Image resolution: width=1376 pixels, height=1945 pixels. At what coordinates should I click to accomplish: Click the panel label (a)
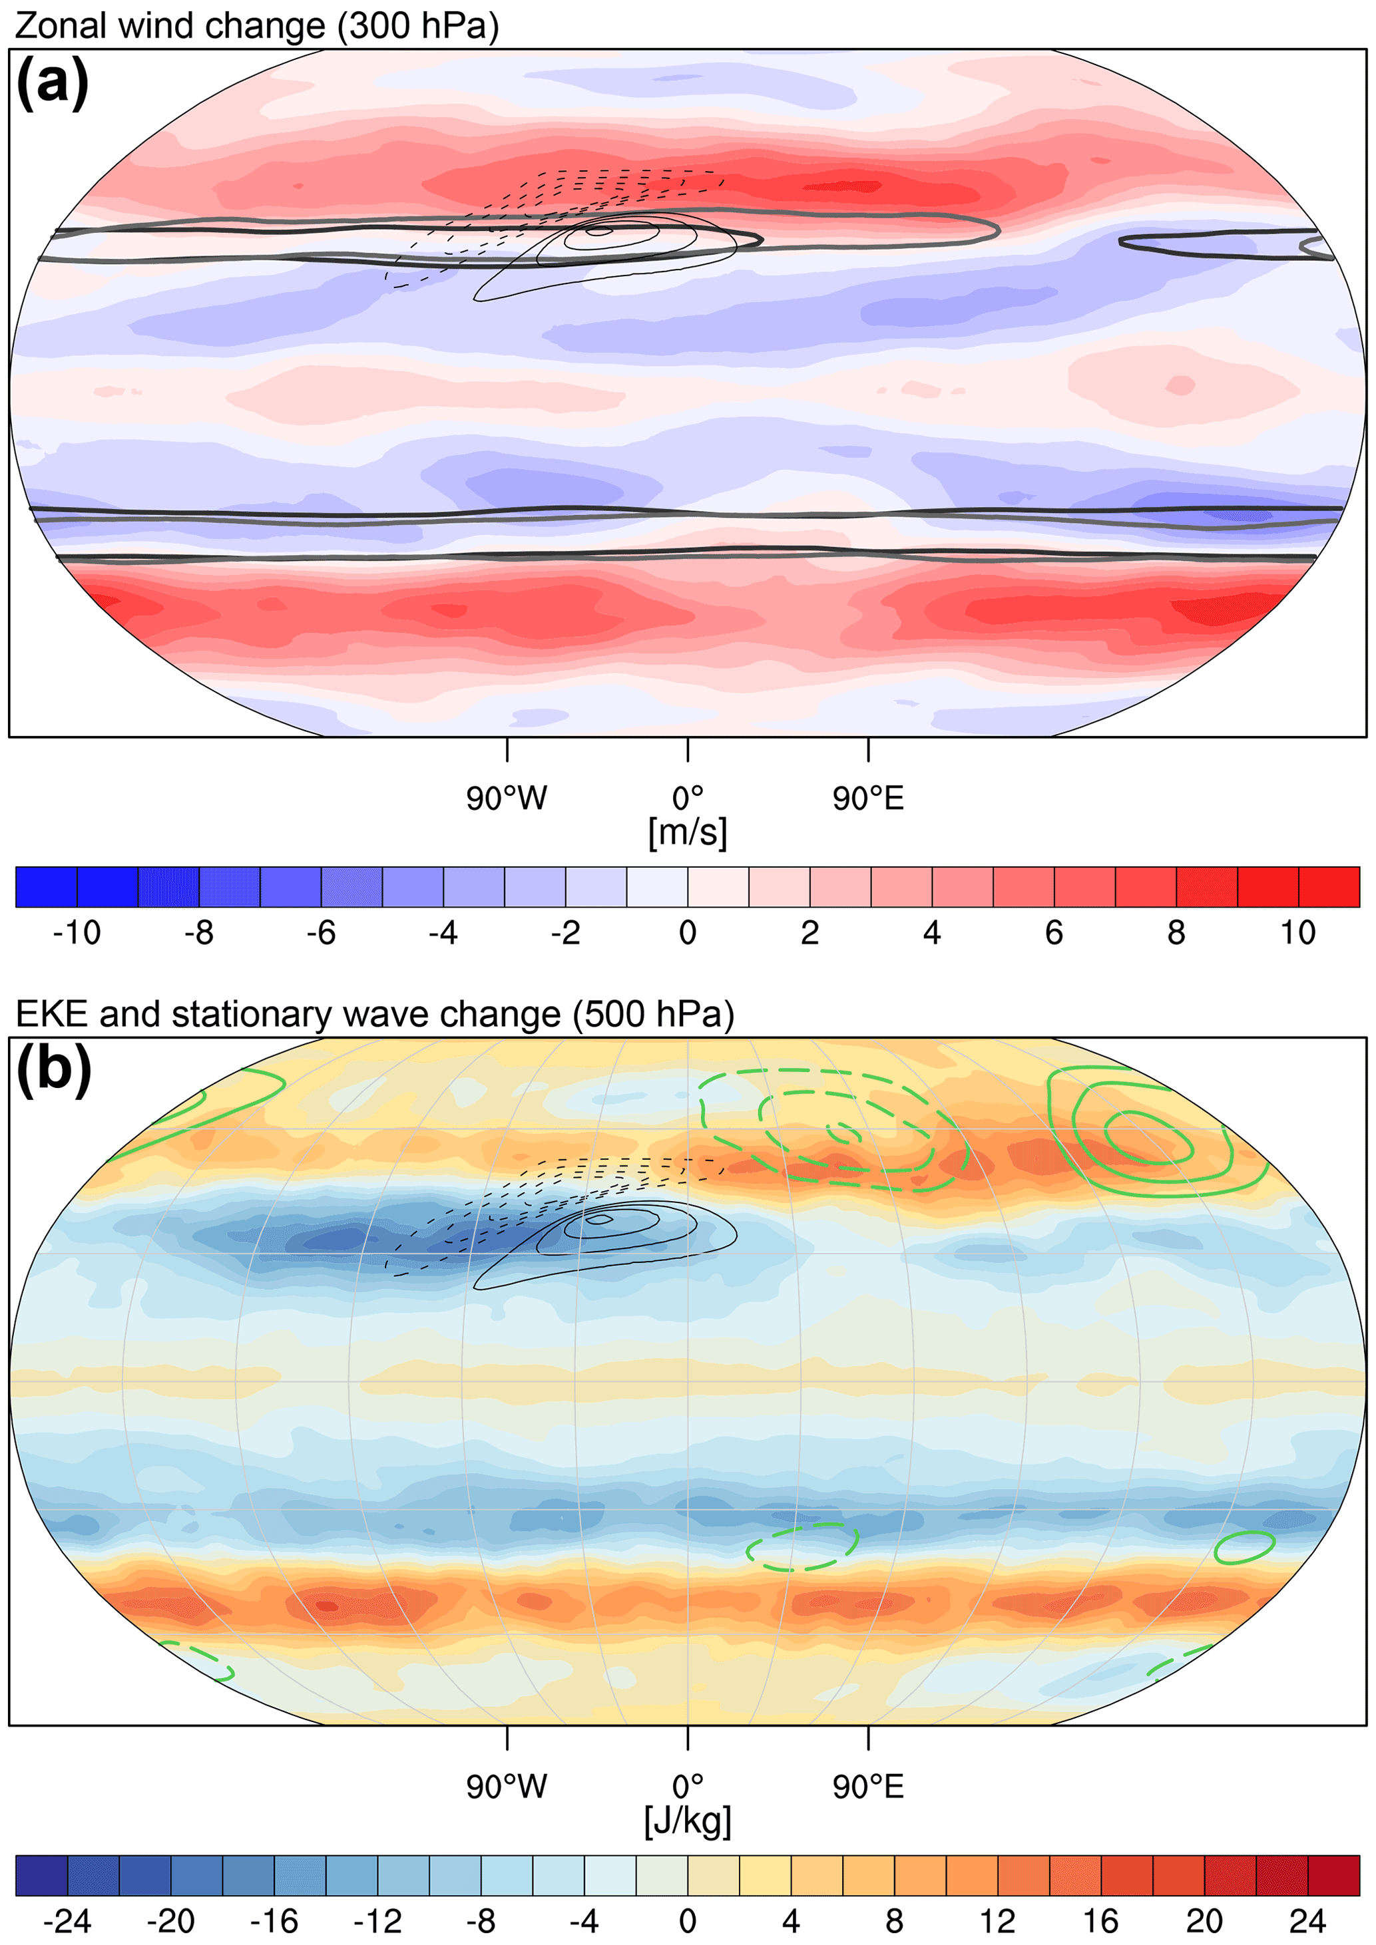coord(53,82)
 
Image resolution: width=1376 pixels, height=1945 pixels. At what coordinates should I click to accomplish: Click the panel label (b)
coord(53,1069)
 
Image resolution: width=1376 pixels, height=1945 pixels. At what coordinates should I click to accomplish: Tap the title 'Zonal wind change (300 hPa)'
coord(257,25)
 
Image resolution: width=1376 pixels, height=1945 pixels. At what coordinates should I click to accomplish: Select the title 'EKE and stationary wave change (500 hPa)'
coord(375,1014)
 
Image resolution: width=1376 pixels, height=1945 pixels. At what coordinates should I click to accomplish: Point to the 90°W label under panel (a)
coord(507,798)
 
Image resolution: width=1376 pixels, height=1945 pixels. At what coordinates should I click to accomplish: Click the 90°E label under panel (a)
coord(867,798)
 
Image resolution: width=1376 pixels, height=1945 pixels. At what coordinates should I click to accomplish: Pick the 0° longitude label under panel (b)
coord(687,1787)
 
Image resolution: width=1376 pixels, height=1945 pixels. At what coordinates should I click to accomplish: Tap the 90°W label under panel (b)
coord(507,1787)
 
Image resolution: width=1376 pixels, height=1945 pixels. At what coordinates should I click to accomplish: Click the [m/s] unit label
coord(687,832)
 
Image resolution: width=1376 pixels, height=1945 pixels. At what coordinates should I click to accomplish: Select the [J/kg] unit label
coord(687,1821)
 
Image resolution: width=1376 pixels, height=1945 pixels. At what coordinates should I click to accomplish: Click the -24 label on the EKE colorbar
coord(67,1921)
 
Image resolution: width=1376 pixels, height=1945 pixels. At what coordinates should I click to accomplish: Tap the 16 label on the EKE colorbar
coord(1100,1921)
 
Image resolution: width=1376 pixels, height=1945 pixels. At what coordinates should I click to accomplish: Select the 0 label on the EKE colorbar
coord(687,1921)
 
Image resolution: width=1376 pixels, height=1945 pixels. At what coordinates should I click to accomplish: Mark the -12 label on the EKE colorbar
coord(377,1921)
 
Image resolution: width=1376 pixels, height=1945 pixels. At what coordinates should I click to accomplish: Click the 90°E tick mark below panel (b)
coord(867,1738)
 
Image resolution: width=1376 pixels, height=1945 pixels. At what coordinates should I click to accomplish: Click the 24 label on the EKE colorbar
coord(1307,1921)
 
